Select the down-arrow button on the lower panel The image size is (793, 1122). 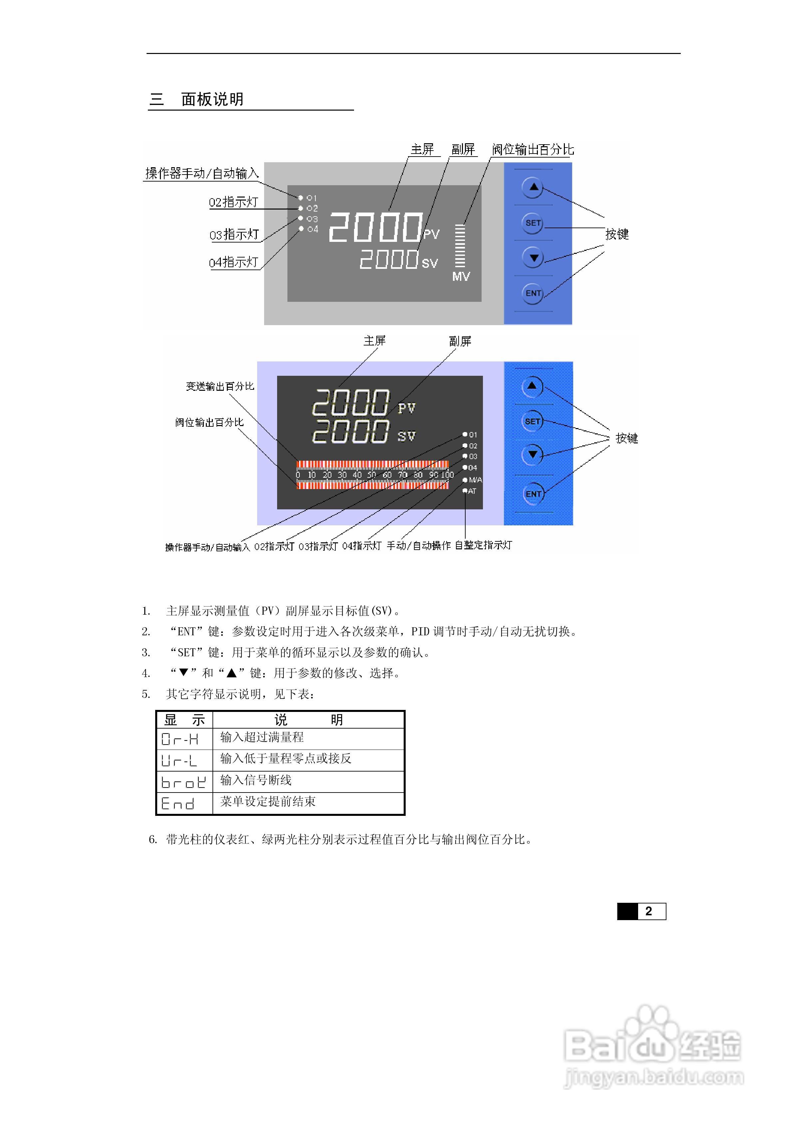pos(533,454)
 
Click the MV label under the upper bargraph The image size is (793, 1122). pos(461,277)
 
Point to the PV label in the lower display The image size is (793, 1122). pos(407,408)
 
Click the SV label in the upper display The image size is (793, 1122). pos(430,264)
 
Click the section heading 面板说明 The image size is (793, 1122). pos(212,99)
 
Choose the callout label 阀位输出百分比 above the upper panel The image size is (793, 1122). pos(533,150)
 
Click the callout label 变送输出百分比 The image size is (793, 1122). pos(220,386)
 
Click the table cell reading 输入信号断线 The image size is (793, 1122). pos(256,781)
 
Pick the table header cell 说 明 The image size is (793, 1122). pos(308,719)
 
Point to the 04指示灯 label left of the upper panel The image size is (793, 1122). pos(233,263)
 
